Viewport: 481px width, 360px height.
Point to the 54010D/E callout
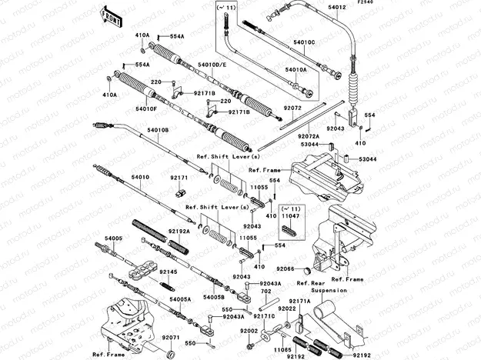[212, 65]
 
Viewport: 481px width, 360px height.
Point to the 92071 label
[171, 337]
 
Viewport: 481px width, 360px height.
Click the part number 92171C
[265, 316]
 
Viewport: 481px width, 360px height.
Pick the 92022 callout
[288, 308]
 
